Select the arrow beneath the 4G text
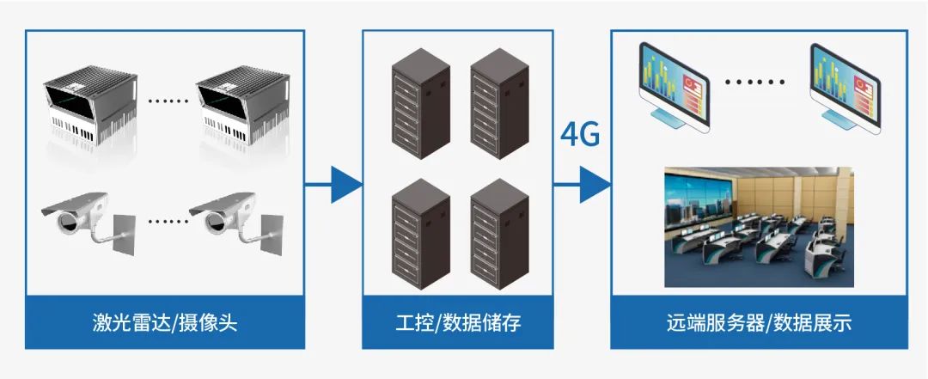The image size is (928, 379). click(582, 184)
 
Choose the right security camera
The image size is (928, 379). click(235, 223)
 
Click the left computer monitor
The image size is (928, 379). click(674, 88)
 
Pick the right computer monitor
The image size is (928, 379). click(847, 88)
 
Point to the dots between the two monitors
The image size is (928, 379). click(754, 83)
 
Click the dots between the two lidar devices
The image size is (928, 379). click(168, 100)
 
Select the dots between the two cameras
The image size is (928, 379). click(168, 220)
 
